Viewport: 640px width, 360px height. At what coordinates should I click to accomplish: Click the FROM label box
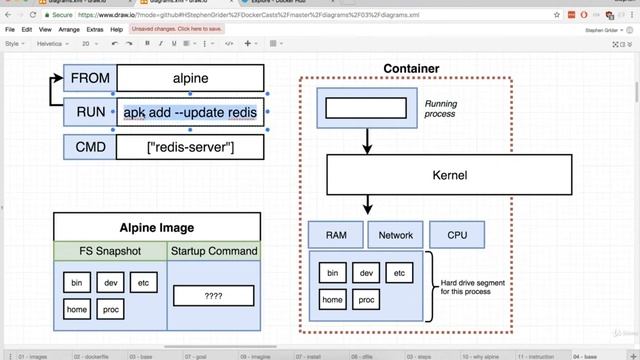(x=90, y=78)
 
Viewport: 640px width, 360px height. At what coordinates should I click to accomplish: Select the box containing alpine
(x=190, y=78)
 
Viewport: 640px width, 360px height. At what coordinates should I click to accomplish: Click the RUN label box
(x=90, y=112)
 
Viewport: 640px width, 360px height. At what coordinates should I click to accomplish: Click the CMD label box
(x=90, y=147)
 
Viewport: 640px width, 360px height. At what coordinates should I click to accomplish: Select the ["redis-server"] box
(x=190, y=147)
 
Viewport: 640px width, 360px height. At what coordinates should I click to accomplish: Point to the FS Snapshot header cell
(x=110, y=251)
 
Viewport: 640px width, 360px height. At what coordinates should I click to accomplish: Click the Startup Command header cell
(x=213, y=251)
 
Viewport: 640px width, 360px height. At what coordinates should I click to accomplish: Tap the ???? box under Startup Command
(x=213, y=296)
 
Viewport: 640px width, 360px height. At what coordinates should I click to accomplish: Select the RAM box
(x=336, y=235)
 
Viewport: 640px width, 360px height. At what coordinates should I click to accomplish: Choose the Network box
(x=396, y=235)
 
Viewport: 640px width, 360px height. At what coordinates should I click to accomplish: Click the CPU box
(x=457, y=235)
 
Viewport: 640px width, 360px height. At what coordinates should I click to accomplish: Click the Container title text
(x=411, y=69)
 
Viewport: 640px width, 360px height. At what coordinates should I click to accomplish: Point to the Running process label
(x=441, y=109)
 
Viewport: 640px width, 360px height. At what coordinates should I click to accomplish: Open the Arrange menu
(x=69, y=30)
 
